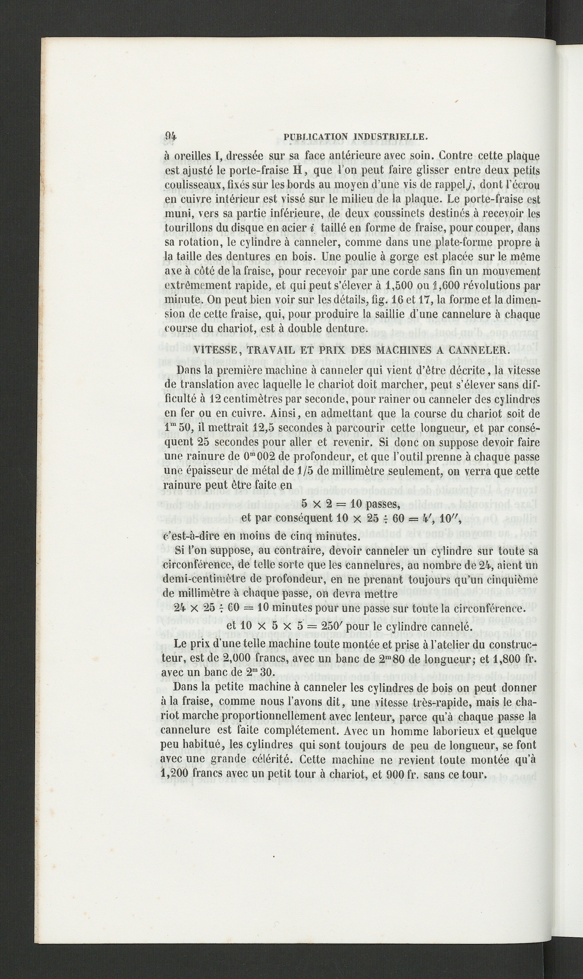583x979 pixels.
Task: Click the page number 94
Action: point(170,136)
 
